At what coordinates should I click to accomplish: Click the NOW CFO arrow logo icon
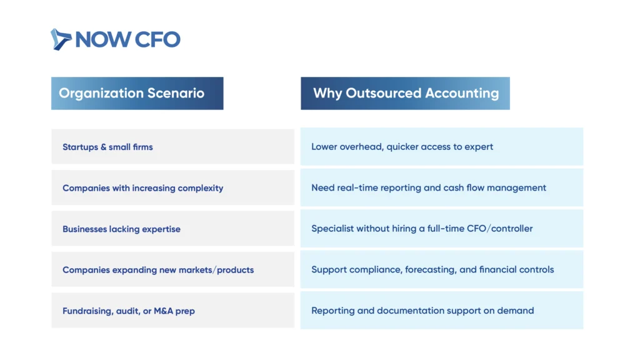click(61, 39)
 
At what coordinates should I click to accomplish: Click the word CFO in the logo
click(157, 39)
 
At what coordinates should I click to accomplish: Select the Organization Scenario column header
click(137, 94)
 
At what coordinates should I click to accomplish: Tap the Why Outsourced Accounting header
click(405, 94)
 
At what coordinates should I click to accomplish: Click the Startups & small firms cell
click(172, 147)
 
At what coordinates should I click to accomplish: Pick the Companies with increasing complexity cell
click(172, 187)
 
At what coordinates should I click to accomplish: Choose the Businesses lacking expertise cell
click(172, 229)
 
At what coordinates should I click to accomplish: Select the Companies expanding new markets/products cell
click(172, 269)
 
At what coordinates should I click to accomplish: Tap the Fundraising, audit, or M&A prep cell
click(172, 310)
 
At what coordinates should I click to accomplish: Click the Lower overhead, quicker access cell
click(442, 146)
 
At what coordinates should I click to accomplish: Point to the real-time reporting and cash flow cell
click(442, 187)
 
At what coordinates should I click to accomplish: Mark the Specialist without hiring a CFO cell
click(442, 229)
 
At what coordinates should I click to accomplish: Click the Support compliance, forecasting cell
click(442, 269)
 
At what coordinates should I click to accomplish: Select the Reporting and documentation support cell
click(442, 310)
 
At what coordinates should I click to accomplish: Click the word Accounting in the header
click(462, 94)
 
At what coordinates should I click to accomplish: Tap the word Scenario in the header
click(176, 93)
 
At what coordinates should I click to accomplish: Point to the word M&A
click(163, 311)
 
